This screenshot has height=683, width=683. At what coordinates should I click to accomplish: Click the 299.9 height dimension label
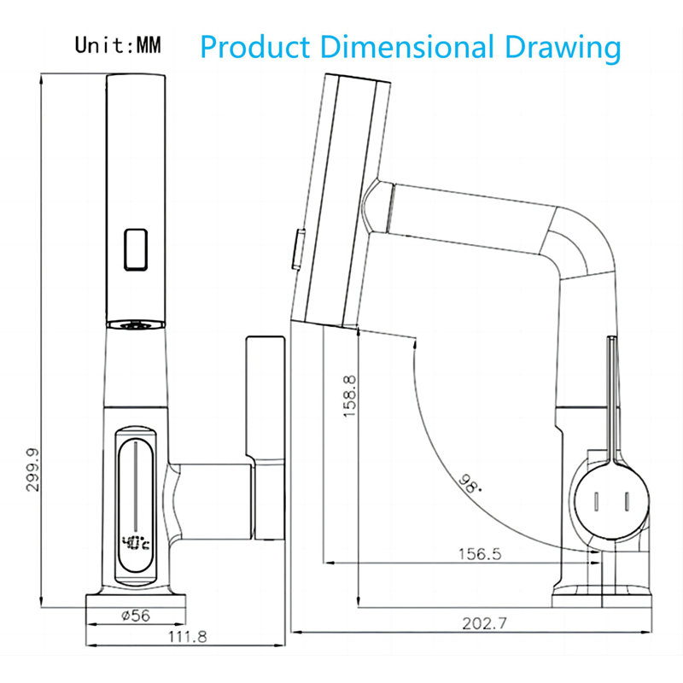pos(32,470)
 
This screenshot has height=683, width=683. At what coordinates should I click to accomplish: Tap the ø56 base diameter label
pos(136,616)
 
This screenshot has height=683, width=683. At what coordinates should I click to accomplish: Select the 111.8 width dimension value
pos(187,637)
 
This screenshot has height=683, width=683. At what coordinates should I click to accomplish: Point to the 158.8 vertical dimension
pos(349,396)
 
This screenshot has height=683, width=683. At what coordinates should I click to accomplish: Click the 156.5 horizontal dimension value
pos(480,554)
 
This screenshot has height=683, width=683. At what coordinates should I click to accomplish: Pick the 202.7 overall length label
pos(484,623)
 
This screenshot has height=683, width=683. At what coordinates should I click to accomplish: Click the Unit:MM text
pos(118,45)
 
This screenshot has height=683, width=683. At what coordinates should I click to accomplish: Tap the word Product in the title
pos(254,47)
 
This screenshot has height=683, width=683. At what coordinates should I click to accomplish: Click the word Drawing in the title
pos(563,48)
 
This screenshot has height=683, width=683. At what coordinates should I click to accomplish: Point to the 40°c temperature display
pos(136,543)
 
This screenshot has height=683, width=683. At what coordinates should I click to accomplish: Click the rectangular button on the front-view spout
pos(136,249)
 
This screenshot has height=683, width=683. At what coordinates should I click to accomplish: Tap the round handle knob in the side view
pos(610,501)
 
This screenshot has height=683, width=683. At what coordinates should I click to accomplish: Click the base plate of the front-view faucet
pos(136,602)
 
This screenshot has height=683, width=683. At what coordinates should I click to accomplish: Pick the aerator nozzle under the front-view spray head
pos(136,324)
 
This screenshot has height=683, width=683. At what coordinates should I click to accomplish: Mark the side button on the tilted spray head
pos(298,249)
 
